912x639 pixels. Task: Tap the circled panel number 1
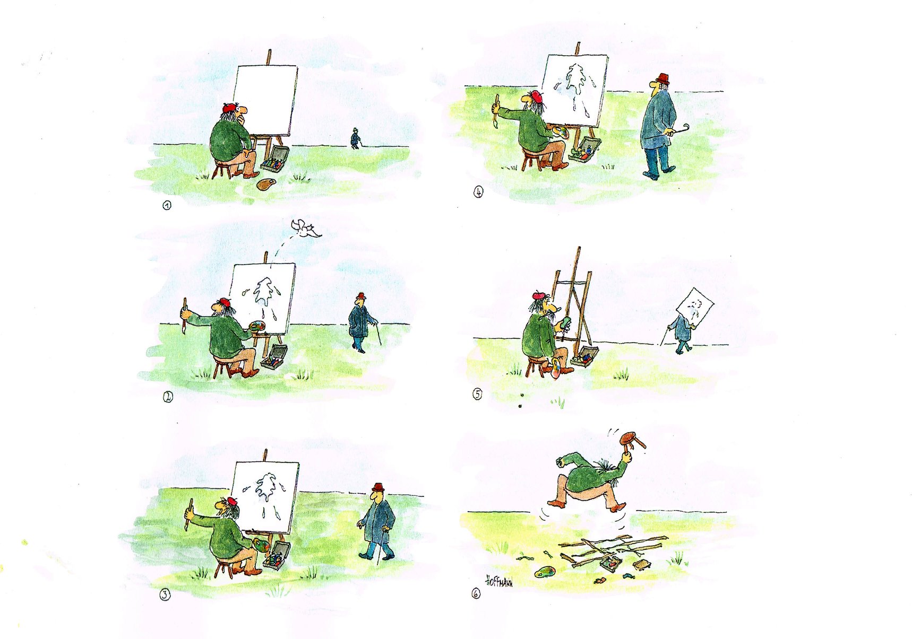click(x=167, y=205)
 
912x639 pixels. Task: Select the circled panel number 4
click(x=478, y=192)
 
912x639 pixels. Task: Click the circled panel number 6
click(x=476, y=594)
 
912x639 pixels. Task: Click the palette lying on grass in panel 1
click(x=265, y=185)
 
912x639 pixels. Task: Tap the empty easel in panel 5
click(x=573, y=297)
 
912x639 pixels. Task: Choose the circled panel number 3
click(x=166, y=595)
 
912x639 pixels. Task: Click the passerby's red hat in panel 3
click(x=378, y=487)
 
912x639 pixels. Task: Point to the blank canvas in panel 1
click(x=265, y=101)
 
